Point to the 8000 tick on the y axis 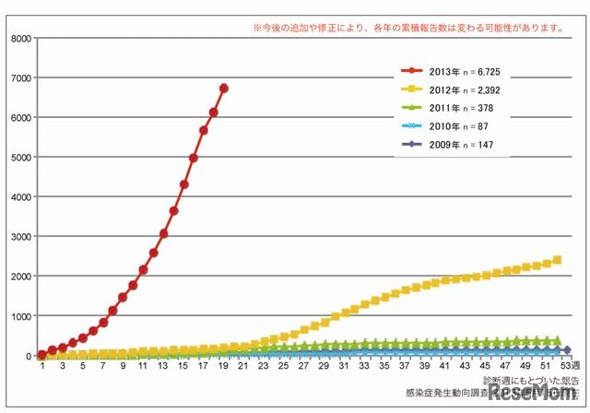tap(19, 39)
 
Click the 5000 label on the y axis tap(19, 158)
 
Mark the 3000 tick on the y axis tap(19, 237)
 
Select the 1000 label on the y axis tap(19, 316)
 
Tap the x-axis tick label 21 tap(245, 366)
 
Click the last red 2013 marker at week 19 tap(224, 88)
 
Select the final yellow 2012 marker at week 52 tap(557, 260)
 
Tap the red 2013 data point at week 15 tap(183, 184)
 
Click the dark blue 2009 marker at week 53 tap(567, 350)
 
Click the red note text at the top tap(408, 28)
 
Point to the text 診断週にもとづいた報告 tap(531, 379)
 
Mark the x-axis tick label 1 tap(41, 366)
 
